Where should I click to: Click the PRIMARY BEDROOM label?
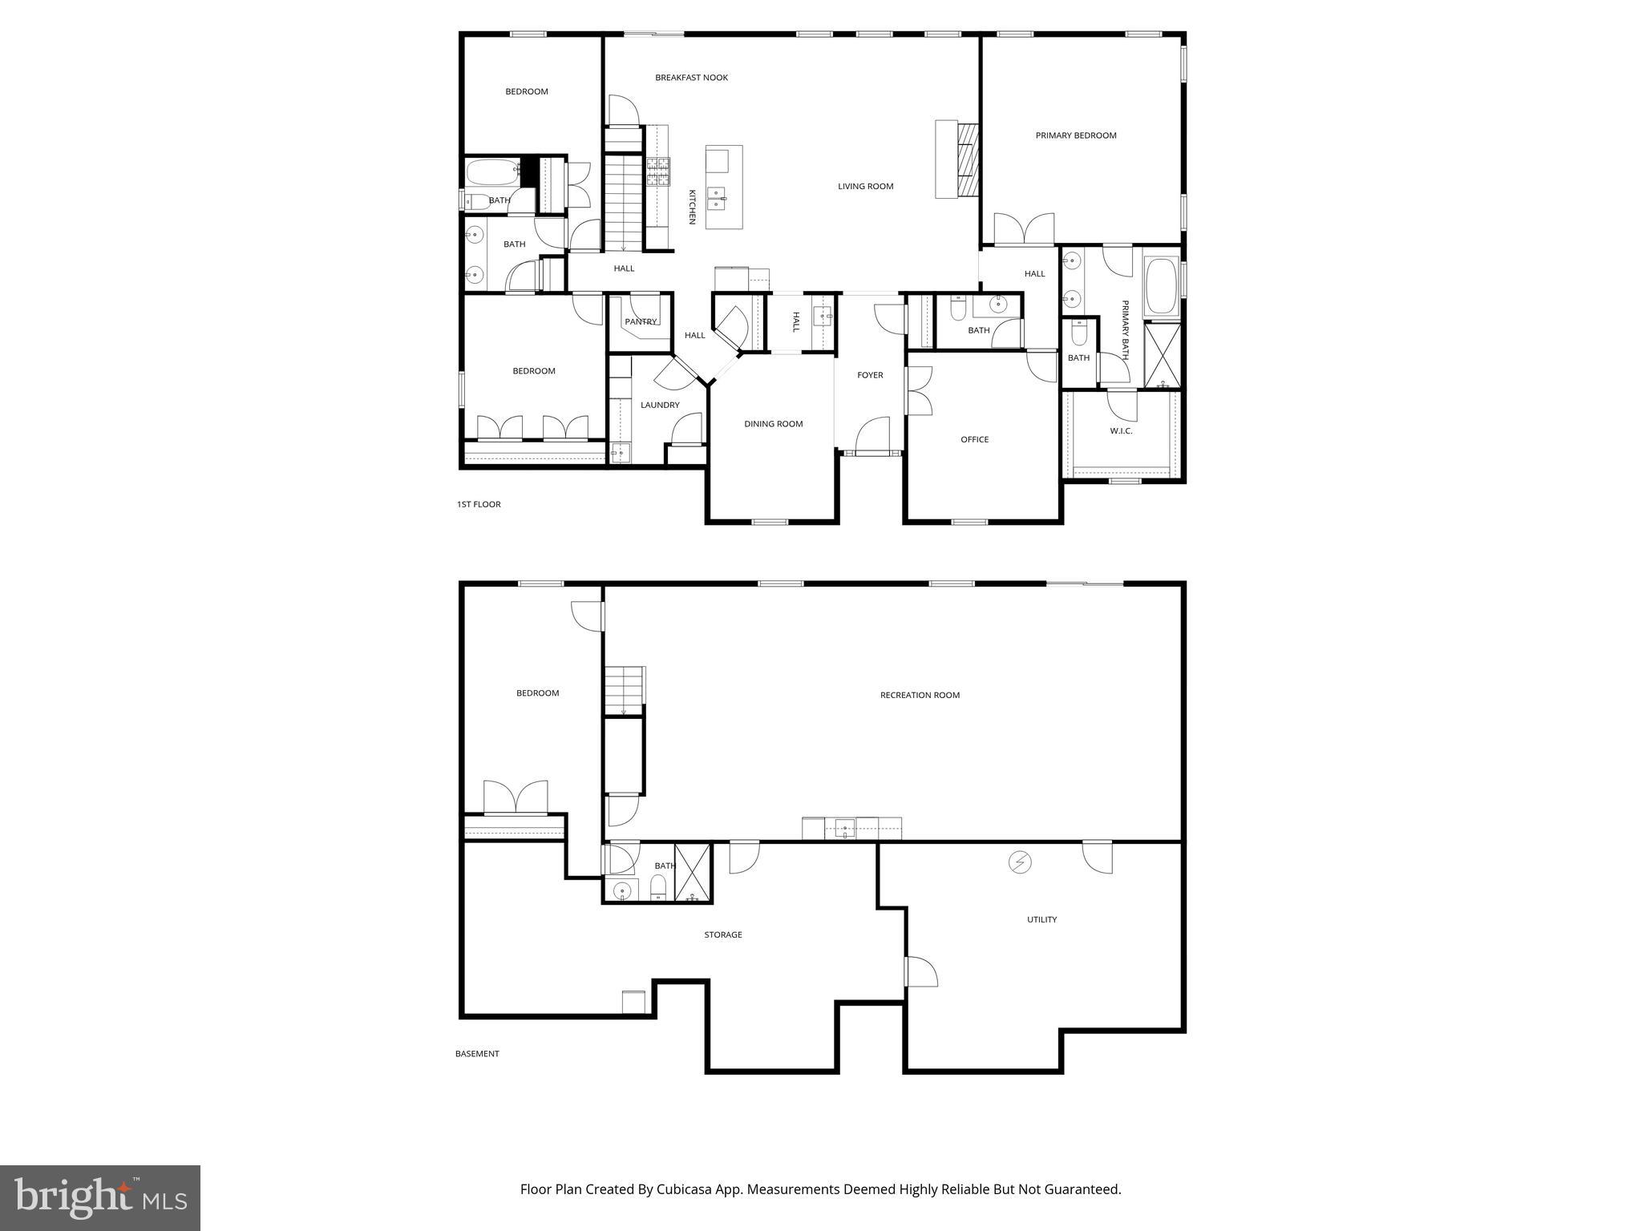[x=1075, y=135]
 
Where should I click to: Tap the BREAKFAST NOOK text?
[x=691, y=78]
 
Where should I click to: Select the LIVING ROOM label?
[x=865, y=187]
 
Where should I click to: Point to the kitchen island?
[x=724, y=187]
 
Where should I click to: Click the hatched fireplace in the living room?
[x=969, y=159]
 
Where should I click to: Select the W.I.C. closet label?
[x=1121, y=431]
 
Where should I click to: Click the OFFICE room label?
[x=974, y=439]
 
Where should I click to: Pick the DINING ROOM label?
[x=773, y=424]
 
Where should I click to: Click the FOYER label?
[x=870, y=375]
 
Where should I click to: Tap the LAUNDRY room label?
[x=660, y=406]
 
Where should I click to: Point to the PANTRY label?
[x=641, y=322]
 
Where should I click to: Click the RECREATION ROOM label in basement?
[x=920, y=695]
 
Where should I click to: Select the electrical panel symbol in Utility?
[x=1020, y=862]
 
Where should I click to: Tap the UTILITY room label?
[x=1041, y=919]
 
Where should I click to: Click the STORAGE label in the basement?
[x=722, y=934]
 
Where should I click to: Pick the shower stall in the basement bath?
[x=693, y=872]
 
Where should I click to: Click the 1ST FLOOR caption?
[x=479, y=504]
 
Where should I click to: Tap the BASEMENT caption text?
[x=477, y=1054]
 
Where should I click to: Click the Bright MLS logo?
[x=100, y=1197]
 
